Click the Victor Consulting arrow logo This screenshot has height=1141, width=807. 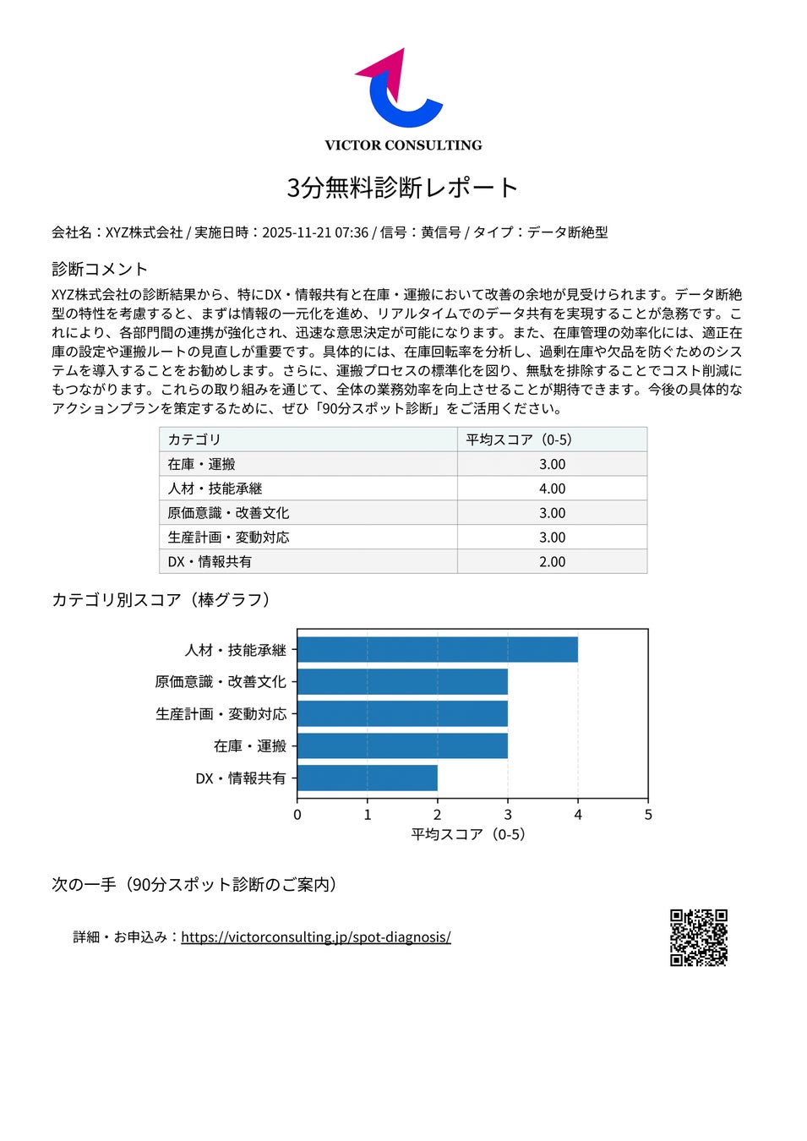point(398,90)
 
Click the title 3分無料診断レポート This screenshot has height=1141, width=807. point(402,188)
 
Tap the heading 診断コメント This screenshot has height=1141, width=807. point(100,269)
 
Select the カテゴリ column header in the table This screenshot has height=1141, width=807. point(194,439)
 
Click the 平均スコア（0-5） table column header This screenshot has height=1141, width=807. point(519,439)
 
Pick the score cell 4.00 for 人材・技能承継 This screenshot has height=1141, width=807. point(552,489)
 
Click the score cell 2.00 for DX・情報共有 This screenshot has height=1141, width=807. point(552,561)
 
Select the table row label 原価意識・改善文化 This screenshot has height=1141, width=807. point(228,513)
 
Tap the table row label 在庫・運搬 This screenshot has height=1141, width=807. point(201,464)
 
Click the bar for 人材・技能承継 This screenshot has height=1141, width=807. point(437,650)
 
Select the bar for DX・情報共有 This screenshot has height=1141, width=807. point(367,778)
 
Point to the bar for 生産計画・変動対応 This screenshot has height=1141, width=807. point(402,714)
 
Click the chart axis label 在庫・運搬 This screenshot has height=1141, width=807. point(250,746)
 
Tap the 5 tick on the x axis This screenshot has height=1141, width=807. point(648,815)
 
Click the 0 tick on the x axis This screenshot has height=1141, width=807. point(297,815)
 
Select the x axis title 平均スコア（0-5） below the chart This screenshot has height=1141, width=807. point(468,834)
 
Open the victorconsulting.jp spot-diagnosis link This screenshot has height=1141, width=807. point(315,936)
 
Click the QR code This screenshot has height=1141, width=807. point(699,937)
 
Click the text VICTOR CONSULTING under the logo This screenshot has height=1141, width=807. point(403,145)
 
